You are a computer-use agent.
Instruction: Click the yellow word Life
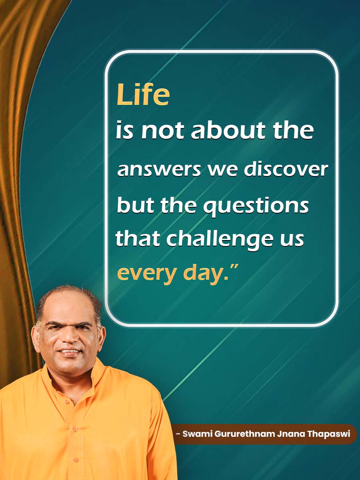[143, 95]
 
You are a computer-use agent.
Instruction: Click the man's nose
[70, 338]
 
